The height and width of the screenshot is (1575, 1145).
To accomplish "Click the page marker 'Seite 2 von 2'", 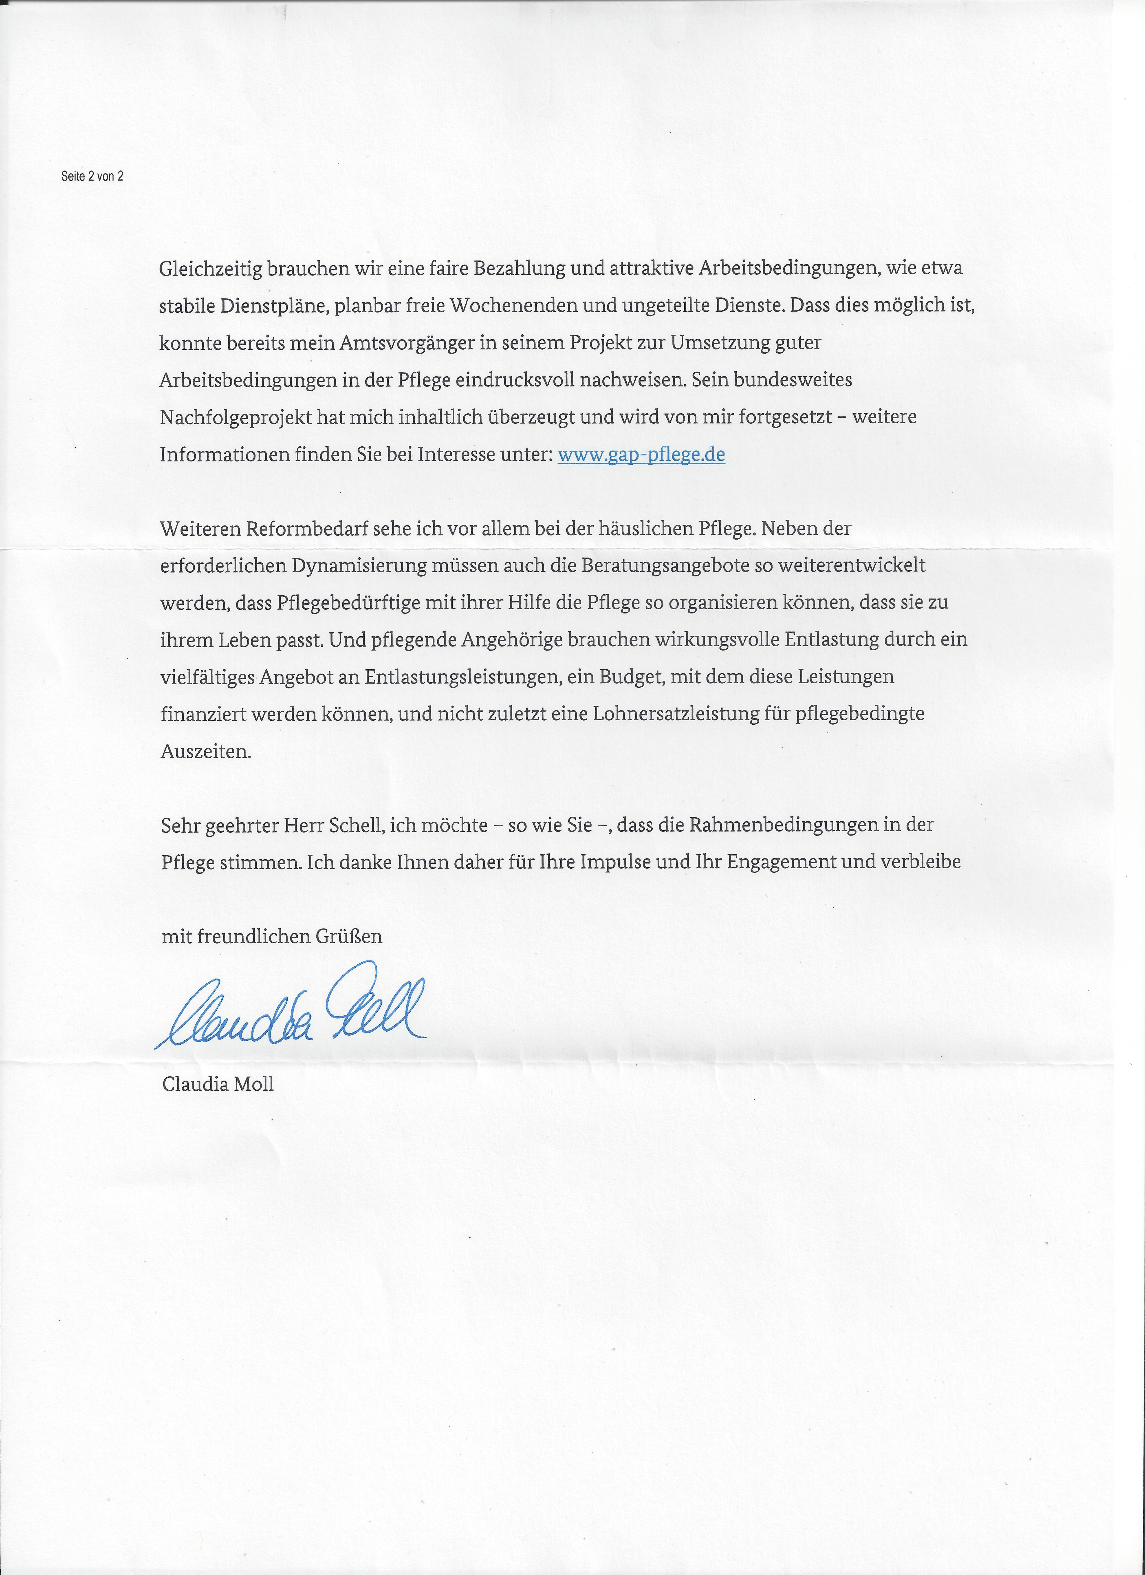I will (x=92, y=176).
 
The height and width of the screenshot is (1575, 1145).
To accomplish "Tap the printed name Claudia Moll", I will (x=218, y=1084).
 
